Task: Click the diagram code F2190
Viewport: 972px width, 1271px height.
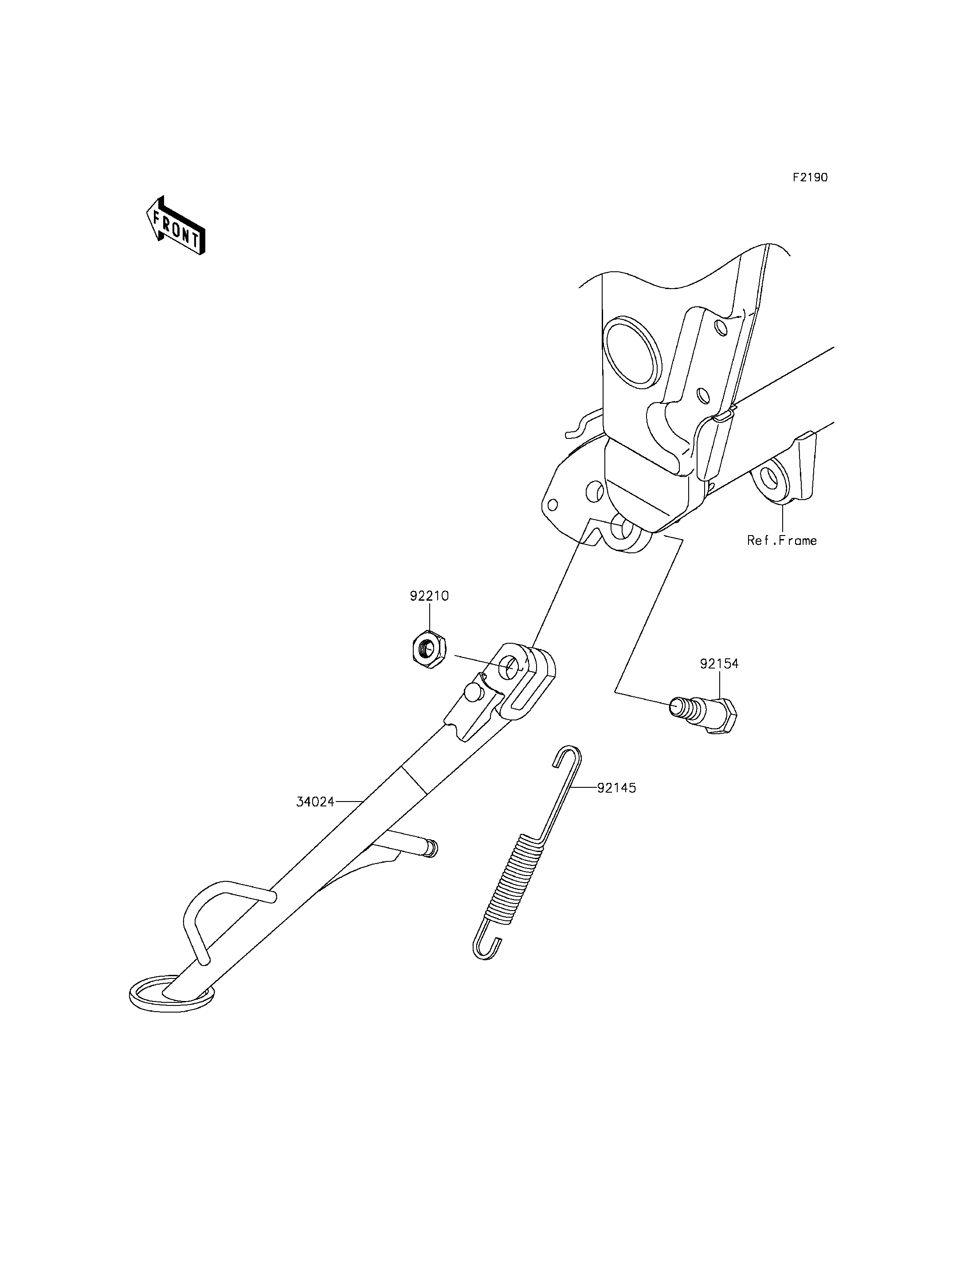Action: (x=810, y=178)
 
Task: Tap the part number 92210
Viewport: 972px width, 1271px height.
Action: (x=429, y=596)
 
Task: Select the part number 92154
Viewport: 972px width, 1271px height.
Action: (x=719, y=664)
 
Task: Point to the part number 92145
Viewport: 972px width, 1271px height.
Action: (x=617, y=787)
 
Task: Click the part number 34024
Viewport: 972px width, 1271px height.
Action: (x=315, y=802)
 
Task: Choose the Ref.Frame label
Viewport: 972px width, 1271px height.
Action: (x=782, y=540)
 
